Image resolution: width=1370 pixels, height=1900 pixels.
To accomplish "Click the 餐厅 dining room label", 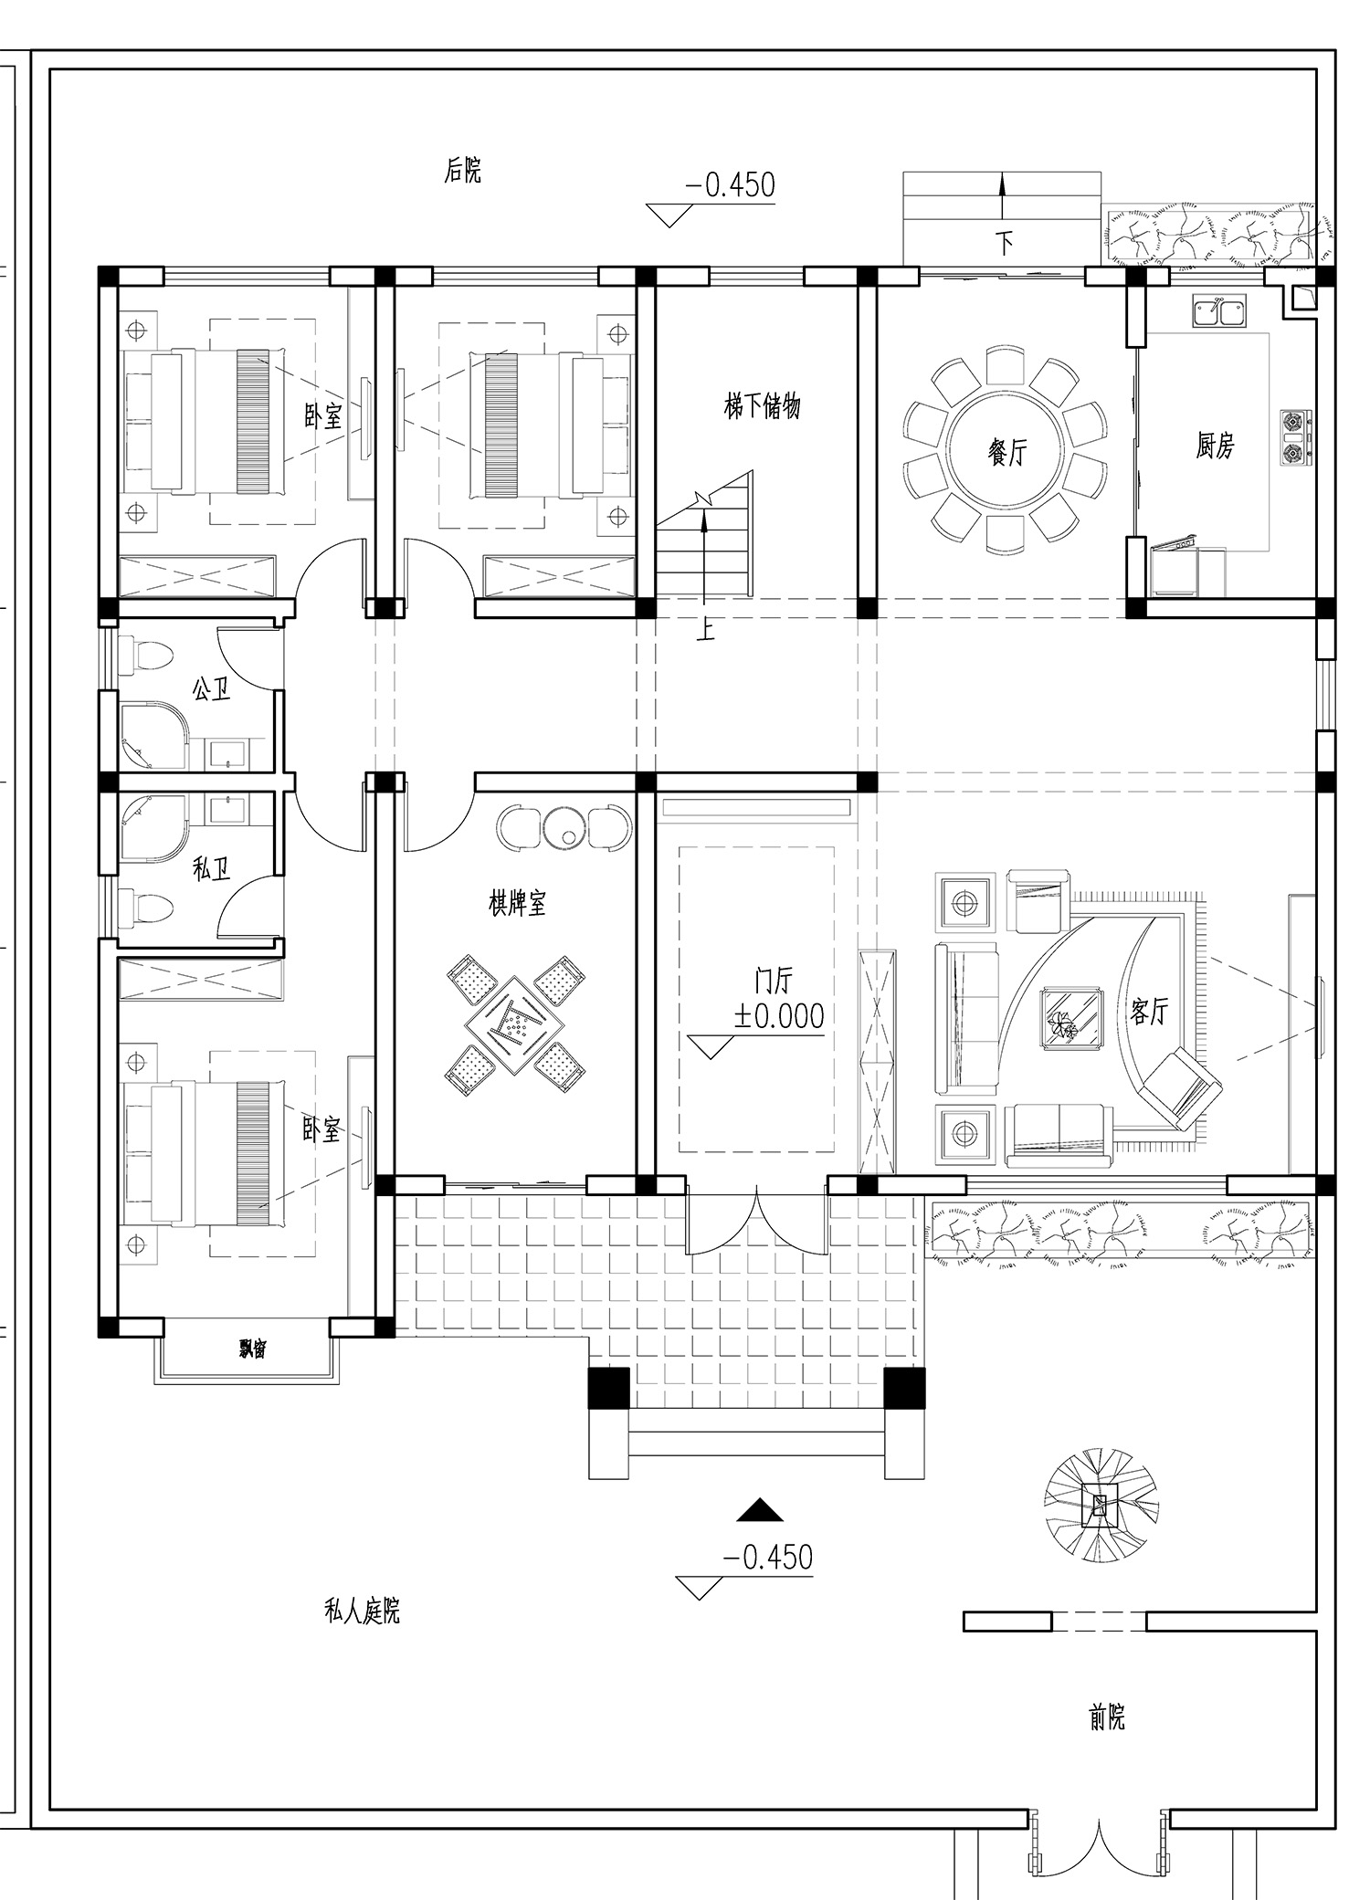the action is click(x=1007, y=452).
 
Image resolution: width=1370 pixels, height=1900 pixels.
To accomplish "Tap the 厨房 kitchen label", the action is click(x=1215, y=446).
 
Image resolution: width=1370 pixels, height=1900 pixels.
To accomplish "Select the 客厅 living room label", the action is click(x=1149, y=1011).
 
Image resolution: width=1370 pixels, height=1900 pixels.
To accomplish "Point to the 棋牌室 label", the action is click(x=517, y=904).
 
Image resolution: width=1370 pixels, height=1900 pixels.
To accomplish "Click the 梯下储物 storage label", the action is click(x=762, y=405).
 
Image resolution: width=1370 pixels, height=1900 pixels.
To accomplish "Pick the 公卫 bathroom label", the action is click(x=211, y=688).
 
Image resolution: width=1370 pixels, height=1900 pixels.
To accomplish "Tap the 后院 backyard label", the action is click(x=463, y=170).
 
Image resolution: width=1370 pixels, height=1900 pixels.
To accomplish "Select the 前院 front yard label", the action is click(x=1107, y=1719).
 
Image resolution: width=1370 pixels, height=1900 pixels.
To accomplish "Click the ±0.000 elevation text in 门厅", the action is click(x=779, y=1015).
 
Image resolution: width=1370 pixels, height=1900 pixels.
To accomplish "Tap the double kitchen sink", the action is click(x=1219, y=311).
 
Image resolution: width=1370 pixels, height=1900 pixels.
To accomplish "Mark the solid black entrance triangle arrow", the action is click(x=761, y=1509).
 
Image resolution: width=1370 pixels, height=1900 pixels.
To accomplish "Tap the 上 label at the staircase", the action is click(x=705, y=630).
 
